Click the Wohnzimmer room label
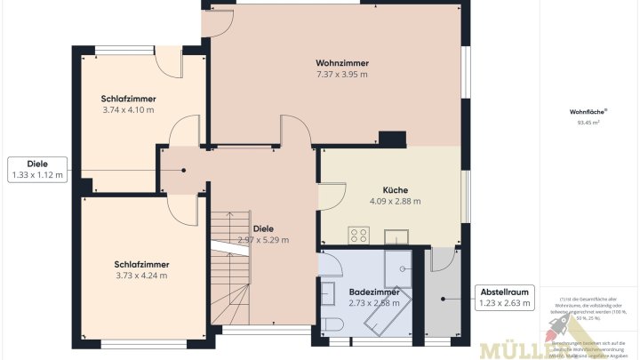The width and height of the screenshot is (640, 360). click(x=342, y=63)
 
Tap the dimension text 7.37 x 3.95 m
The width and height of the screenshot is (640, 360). click(x=342, y=75)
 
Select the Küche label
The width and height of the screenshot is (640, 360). click(x=395, y=190)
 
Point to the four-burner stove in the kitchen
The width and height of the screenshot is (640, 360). click(x=359, y=236)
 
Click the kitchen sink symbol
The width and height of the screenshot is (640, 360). click(x=396, y=236)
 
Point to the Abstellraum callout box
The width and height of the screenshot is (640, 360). click(x=505, y=297)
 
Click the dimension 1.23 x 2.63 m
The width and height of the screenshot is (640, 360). click(x=505, y=303)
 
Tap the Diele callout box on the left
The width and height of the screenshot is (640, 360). click(x=36, y=169)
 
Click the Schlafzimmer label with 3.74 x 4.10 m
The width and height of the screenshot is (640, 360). click(x=128, y=99)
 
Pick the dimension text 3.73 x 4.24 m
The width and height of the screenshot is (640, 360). click(x=141, y=276)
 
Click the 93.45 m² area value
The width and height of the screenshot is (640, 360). click(x=588, y=124)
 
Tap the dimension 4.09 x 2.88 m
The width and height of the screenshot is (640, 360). click(x=395, y=202)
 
